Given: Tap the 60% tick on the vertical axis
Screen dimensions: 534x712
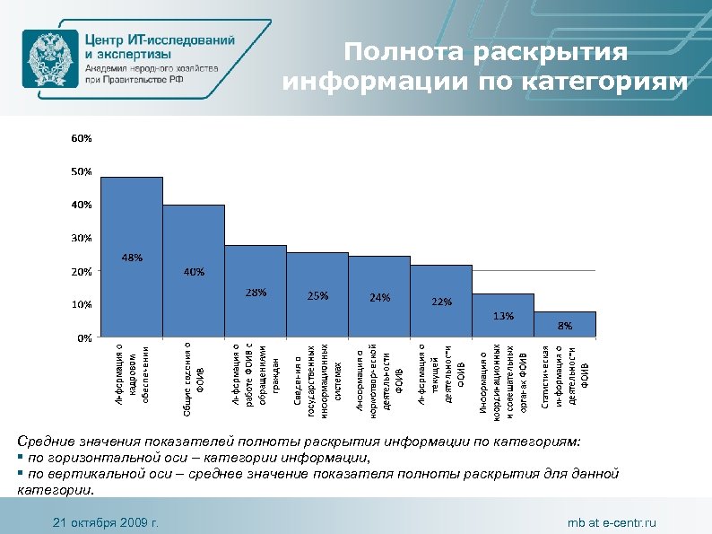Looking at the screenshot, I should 81,138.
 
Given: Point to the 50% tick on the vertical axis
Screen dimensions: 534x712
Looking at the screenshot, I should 81,171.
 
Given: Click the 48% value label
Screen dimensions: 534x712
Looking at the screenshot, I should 132,258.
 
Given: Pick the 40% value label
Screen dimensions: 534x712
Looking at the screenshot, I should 194,271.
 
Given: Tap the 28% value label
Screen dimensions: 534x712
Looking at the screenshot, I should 256,293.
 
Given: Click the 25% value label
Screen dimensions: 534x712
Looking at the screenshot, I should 317,295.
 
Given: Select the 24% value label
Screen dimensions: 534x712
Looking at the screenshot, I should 379,297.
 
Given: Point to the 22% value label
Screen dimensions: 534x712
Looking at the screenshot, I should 441,302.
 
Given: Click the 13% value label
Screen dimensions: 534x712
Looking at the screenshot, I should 503,316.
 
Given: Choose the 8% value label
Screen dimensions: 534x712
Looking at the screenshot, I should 565,324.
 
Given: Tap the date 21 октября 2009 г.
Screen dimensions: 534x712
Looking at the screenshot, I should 105,521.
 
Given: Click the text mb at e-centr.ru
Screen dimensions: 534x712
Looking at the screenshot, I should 612,521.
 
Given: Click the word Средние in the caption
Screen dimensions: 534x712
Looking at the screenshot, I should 44,442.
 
